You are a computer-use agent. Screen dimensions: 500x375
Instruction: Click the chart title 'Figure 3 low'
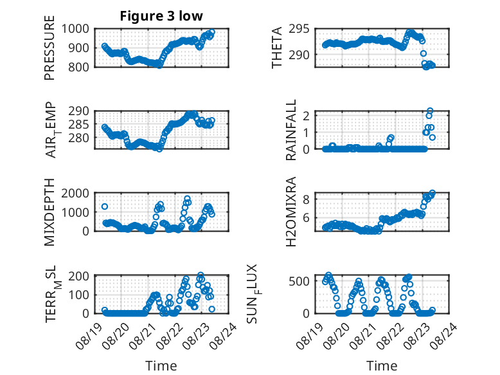[161, 16]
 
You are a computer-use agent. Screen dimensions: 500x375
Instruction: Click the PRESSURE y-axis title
[49, 48]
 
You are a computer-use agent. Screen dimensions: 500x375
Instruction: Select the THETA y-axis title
[277, 48]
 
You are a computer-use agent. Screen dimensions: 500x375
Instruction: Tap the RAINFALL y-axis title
[291, 130]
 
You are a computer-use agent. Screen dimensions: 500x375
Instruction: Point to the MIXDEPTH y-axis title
[49, 212]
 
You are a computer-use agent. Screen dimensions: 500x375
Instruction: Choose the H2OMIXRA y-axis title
[291, 212]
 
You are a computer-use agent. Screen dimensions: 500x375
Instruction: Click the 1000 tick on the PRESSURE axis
[75, 29]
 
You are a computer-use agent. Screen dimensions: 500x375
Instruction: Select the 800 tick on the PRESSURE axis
[79, 67]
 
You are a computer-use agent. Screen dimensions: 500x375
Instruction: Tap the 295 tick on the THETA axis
[299, 29]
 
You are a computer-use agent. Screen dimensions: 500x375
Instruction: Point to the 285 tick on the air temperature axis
[79, 124]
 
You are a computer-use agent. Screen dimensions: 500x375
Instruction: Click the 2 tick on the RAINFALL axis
[307, 116]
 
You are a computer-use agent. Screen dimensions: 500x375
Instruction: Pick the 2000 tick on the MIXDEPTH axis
[75, 193]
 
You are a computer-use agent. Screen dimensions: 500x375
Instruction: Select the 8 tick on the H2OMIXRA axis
[307, 200]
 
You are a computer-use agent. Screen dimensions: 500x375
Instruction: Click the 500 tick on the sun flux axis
[299, 281]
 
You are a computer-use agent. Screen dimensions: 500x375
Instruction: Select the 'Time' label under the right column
[382, 365]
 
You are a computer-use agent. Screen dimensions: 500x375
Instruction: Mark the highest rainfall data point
[430, 111]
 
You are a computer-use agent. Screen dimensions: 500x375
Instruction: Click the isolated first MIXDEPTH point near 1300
[105, 206]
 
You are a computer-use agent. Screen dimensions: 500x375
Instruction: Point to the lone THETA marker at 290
[423, 53]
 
